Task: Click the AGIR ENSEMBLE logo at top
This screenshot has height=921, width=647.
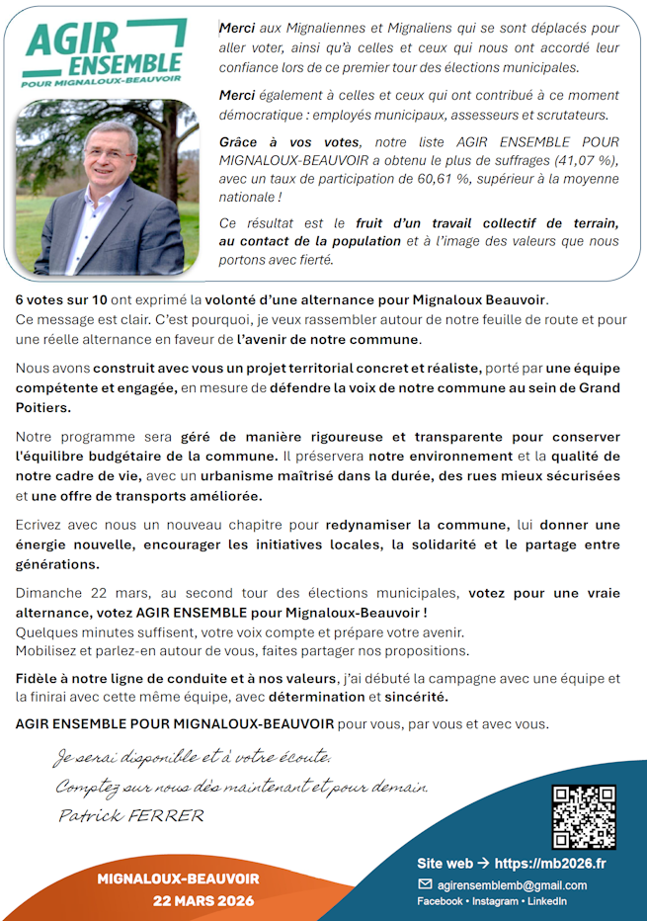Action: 105,54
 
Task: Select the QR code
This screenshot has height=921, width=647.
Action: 583,816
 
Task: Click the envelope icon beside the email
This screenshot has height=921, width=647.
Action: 426,884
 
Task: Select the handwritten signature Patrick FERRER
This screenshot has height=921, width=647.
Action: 130,815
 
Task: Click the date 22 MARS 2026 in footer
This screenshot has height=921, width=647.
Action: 202,900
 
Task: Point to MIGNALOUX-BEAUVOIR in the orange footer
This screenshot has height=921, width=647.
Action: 178,879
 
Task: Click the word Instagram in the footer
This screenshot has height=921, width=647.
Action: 495,901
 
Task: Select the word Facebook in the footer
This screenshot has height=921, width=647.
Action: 440,901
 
